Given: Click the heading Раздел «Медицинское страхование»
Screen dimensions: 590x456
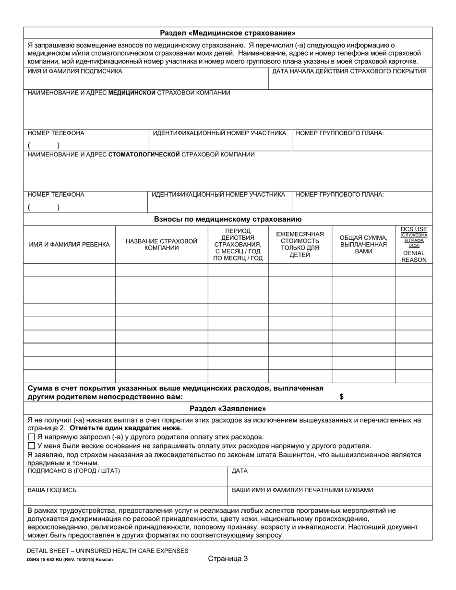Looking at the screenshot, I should (228, 33).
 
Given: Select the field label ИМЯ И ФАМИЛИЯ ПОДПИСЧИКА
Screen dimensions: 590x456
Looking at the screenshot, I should (75, 71).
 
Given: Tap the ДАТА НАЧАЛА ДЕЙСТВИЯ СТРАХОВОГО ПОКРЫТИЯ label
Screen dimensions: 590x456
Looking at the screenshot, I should (349, 71).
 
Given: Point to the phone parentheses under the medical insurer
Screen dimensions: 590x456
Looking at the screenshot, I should (44, 145).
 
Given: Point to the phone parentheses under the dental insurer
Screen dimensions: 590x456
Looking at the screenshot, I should (44, 207).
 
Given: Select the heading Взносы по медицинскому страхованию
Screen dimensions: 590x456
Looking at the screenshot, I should (228, 219).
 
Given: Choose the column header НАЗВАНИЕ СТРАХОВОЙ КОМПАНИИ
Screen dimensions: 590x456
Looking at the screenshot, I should (161, 244).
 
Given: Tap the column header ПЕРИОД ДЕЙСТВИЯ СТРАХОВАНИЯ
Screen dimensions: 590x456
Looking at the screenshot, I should (238, 244).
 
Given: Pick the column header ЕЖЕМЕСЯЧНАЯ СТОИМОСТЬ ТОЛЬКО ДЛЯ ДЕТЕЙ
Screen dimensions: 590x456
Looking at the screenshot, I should (300, 244).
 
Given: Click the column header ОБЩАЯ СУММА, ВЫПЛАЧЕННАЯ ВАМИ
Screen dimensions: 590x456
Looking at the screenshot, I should (363, 244).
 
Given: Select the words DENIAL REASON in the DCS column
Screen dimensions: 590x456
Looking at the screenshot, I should (414, 256).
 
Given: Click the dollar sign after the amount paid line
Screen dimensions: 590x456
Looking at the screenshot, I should (341, 397).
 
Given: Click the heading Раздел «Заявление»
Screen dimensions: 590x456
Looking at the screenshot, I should (228, 409).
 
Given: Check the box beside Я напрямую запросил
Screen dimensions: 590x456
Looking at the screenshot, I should (32, 437).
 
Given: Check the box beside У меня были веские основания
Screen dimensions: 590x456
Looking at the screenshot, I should (32, 446).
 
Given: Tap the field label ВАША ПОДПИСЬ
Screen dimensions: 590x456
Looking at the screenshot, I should (52, 490).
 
